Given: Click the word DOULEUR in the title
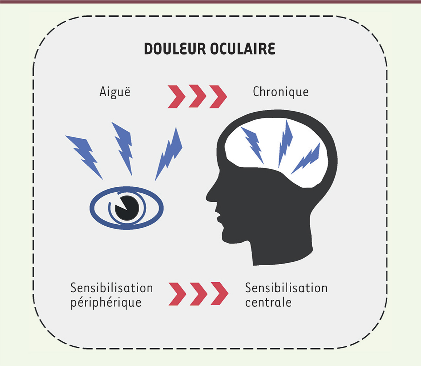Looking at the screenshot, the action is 175,49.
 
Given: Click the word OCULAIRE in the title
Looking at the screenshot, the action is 242,49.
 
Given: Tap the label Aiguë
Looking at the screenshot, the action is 115,92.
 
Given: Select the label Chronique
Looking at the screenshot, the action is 281,92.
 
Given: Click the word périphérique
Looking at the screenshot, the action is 106,302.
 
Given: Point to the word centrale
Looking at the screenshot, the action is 268,302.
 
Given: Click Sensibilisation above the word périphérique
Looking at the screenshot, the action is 112,288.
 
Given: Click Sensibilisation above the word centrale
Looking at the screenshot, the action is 286,288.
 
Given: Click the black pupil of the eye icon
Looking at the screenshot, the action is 128,208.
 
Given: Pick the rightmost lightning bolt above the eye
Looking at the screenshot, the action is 169,154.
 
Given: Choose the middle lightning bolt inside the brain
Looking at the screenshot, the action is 285,144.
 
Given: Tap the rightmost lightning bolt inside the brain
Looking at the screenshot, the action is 306,158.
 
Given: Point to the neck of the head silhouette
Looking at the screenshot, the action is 280,253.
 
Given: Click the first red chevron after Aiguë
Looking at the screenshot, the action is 177,96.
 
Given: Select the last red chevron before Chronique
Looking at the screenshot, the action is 218,96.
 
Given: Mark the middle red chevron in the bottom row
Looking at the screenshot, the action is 199,294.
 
